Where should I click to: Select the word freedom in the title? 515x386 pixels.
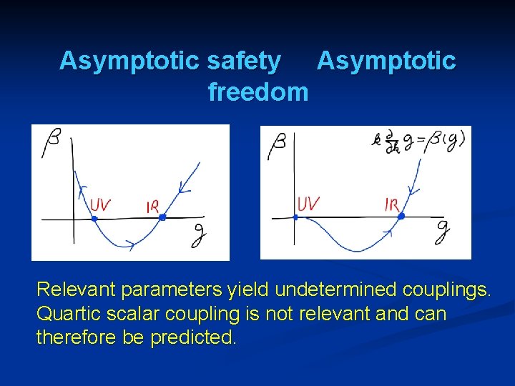pos(257,92)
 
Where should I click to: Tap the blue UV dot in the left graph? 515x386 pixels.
pos(94,218)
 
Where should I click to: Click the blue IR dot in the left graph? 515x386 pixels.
pos(162,217)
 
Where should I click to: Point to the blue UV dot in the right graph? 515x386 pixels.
pos(295,217)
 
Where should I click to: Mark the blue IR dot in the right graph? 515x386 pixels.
pos(401,215)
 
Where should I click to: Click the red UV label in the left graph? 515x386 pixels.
pos(100,206)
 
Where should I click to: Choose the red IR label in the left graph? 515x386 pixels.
pos(152,207)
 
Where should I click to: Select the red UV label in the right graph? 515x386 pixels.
pos(308,204)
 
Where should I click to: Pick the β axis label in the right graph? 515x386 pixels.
pos(277,148)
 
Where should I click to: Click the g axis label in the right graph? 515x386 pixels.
pos(443,229)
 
